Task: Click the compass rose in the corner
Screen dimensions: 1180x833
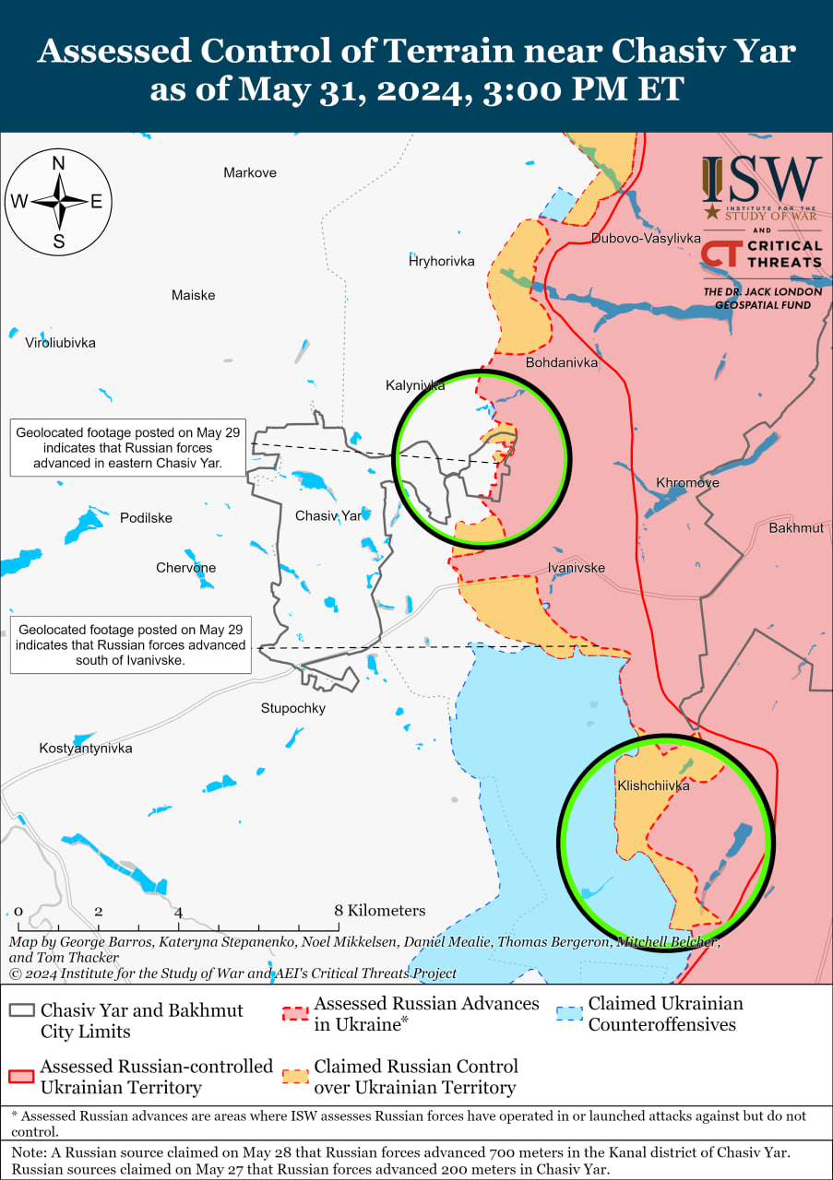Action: [59, 202]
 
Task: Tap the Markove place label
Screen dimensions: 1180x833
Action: [250, 172]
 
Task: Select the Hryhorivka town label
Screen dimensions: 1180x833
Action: [441, 261]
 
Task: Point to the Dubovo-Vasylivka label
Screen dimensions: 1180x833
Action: [646, 238]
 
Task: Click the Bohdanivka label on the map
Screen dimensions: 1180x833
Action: [561, 362]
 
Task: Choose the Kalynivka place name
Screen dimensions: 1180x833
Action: [415, 385]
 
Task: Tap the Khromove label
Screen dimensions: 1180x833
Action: [687, 482]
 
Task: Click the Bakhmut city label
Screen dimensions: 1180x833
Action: [796, 527]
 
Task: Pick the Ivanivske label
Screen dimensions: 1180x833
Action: [577, 567]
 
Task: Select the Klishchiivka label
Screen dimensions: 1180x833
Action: [653, 785]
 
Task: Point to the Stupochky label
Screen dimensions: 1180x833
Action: [293, 708]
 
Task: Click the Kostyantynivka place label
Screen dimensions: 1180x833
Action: [86, 748]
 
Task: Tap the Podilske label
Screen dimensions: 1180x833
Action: [146, 518]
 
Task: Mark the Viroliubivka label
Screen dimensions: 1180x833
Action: [60, 343]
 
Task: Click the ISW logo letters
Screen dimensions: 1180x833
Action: [761, 180]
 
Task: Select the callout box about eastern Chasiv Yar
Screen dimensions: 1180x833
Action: [129, 447]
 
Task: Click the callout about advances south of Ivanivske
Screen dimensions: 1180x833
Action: [131, 644]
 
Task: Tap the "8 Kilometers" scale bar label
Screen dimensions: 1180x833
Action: [381, 911]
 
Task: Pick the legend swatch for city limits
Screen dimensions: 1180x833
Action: [21, 1010]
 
